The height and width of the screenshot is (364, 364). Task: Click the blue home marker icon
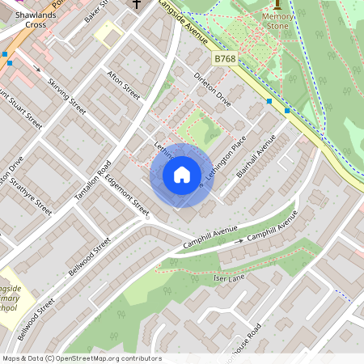[181, 175]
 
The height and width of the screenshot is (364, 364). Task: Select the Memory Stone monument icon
[278, 4]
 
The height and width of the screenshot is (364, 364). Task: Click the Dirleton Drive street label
[213, 90]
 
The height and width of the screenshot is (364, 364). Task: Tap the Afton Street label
[124, 85]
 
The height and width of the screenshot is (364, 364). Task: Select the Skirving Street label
[66, 95]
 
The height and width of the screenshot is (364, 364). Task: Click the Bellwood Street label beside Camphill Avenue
[89, 257]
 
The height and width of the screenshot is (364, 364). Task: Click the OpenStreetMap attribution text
[81, 358]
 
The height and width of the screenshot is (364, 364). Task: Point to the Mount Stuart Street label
[20, 108]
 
